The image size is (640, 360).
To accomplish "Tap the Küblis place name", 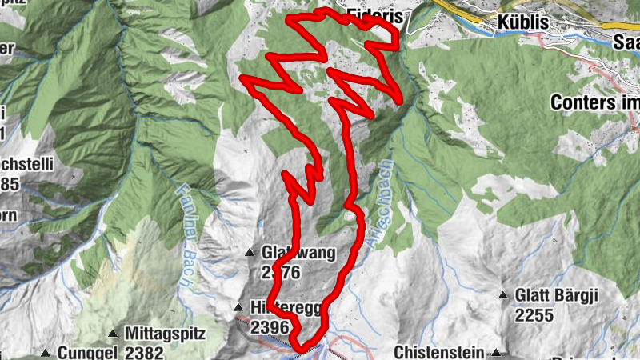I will click(524, 22).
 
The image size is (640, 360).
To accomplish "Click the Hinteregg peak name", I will click(277, 308).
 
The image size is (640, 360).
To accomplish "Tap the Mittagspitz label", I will click(166, 333).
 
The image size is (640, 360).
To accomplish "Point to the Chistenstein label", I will click(439, 352).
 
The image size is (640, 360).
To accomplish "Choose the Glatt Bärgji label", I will click(557, 296).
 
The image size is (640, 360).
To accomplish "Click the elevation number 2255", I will click(534, 315).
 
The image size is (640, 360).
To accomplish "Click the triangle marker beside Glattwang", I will click(250, 254).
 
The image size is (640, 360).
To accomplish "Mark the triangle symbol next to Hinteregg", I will click(238, 308).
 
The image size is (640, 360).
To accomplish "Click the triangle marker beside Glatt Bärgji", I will click(503, 296).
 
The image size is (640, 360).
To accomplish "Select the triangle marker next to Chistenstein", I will click(497, 352).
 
